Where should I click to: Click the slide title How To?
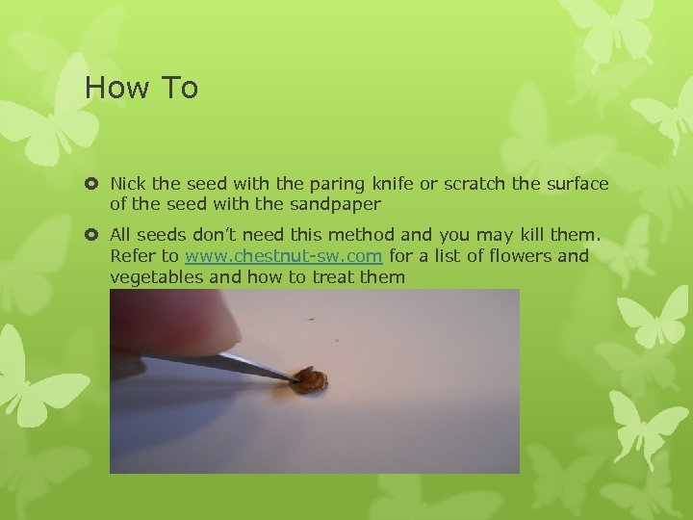coord(141,88)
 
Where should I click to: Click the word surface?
coord(577,183)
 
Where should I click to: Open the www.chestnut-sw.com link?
coord(284,256)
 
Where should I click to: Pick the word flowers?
coord(522,256)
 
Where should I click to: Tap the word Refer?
coord(132,256)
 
